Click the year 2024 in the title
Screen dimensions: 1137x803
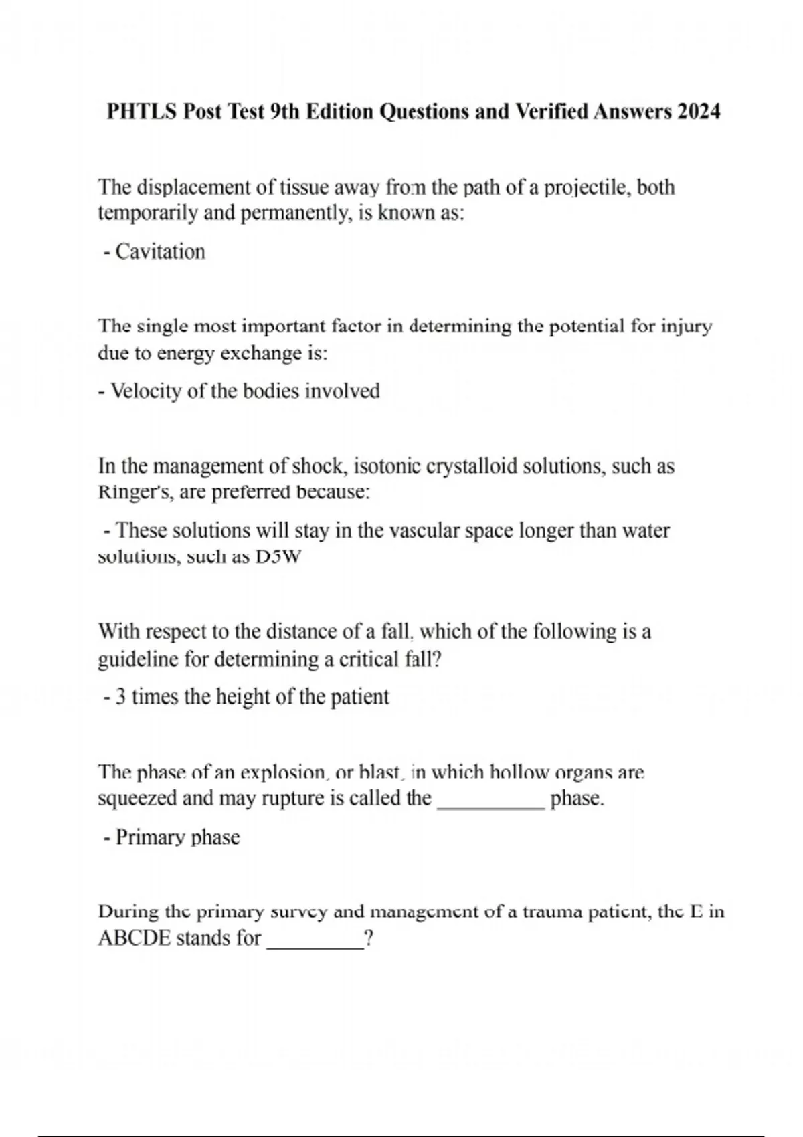click(x=699, y=111)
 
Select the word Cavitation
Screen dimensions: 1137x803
click(x=161, y=252)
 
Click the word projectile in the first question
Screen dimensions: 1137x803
click(x=586, y=188)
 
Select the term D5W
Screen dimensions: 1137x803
click(x=278, y=556)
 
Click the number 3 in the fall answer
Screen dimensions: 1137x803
click(x=120, y=697)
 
